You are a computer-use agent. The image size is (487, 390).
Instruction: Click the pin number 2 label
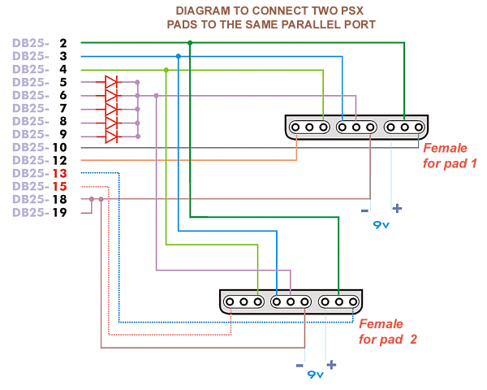point(62,43)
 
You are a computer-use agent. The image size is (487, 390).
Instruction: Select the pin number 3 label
point(62,56)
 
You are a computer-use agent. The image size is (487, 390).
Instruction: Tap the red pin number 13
point(59,173)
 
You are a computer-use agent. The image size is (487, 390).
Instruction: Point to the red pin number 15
point(59,186)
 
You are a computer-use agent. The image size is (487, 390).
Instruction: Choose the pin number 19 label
point(59,212)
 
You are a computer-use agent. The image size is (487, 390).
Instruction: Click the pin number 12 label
point(59,160)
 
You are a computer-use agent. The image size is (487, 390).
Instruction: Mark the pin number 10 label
point(59,147)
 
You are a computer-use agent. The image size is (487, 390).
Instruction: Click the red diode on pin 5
point(111,82)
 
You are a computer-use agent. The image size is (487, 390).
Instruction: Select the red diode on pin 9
point(111,134)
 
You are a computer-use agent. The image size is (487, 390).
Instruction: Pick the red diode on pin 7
point(111,108)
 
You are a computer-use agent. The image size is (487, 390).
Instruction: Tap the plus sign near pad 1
point(397,208)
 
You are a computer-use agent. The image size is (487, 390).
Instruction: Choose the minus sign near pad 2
point(300,366)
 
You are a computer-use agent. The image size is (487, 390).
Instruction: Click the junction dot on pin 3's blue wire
point(178,56)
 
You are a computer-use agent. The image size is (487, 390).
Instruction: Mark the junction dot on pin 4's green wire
point(166,70)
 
